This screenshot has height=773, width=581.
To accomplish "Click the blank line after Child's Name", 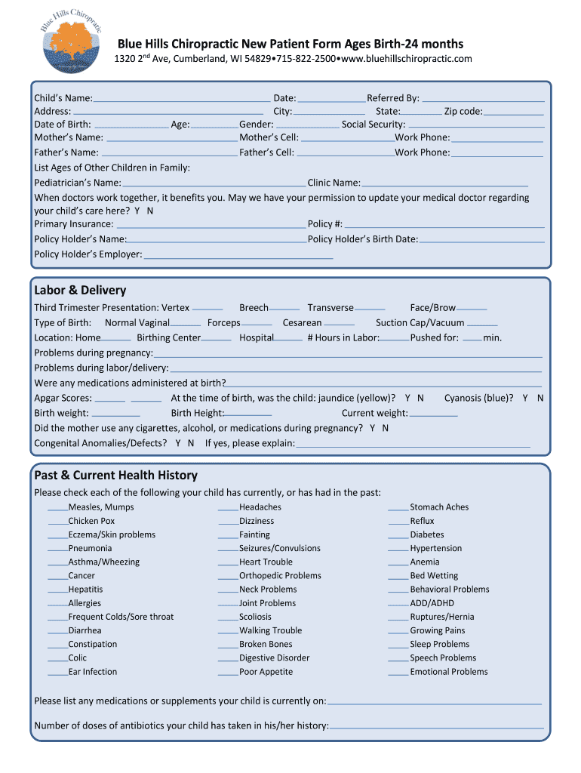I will (181, 100).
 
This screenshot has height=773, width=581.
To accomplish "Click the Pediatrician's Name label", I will (78, 183).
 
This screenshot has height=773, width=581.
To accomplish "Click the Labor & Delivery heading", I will (80, 291).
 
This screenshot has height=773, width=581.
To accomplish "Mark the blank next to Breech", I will (284, 310).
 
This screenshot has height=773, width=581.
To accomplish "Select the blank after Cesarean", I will (339, 325).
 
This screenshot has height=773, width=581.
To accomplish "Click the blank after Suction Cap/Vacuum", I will (482, 325).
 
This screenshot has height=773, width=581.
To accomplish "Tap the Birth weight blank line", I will (115, 415).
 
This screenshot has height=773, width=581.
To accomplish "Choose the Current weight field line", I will (433, 415).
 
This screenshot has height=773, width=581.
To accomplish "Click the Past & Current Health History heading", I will (115, 476).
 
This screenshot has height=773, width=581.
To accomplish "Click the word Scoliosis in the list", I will (255, 617).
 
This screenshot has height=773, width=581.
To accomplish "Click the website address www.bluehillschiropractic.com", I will (406, 59).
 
